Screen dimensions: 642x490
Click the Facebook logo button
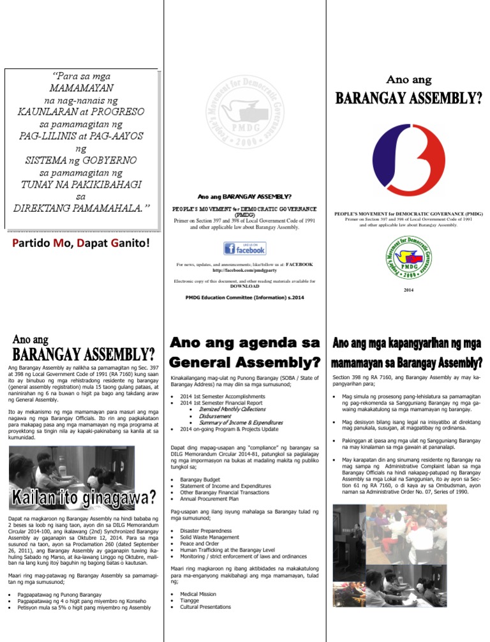pos(244,248)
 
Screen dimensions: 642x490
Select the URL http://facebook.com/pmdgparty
pos(244,271)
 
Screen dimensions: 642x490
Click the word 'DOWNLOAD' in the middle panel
pos(244,286)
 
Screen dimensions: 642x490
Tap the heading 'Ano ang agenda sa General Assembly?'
pos(244,353)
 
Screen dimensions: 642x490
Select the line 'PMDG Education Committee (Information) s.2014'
pos(244,297)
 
